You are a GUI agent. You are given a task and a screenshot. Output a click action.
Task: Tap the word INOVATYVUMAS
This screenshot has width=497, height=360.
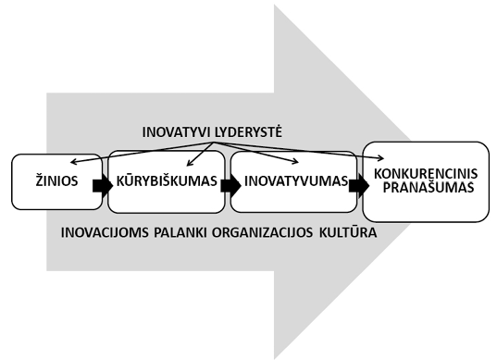tap(296, 181)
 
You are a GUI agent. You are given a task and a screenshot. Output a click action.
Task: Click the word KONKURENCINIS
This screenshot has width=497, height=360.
tap(426, 174)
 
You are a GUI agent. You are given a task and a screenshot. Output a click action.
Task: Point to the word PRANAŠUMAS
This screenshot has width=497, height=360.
tap(429, 187)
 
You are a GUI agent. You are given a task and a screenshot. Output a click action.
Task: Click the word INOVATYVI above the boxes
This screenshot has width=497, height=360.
tap(177, 132)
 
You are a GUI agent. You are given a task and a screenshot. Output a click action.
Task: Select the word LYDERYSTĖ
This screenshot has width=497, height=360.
tap(248, 131)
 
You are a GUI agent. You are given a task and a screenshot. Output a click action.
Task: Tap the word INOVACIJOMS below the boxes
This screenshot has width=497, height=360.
tap(105, 232)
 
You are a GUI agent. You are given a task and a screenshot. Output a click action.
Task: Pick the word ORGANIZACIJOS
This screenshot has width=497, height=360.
tap(263, 232)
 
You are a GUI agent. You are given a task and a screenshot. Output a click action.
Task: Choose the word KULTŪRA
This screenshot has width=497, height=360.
tap(348, 232)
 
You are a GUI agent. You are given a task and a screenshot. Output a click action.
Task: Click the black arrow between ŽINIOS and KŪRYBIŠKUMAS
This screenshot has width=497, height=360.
tap(103, 186)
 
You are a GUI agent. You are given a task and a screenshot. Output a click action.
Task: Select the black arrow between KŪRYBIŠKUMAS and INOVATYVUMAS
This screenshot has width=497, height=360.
tap(230, 186)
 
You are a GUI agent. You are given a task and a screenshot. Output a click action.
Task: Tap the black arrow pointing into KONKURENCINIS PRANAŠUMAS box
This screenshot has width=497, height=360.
tap(359, 186)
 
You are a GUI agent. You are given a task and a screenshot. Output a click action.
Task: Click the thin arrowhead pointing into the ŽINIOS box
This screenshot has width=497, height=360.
tap(73, 162)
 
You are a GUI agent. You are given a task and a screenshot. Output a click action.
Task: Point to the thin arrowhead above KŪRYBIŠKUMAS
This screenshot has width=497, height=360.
tap(189, 164)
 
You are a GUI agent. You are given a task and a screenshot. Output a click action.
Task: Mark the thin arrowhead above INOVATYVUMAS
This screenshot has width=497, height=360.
tap(296, 162)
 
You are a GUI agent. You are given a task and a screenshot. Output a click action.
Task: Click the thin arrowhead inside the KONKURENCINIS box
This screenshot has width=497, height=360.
tap(381, 158)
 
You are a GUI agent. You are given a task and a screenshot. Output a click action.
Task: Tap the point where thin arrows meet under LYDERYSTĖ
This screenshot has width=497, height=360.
tap(214, 143)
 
